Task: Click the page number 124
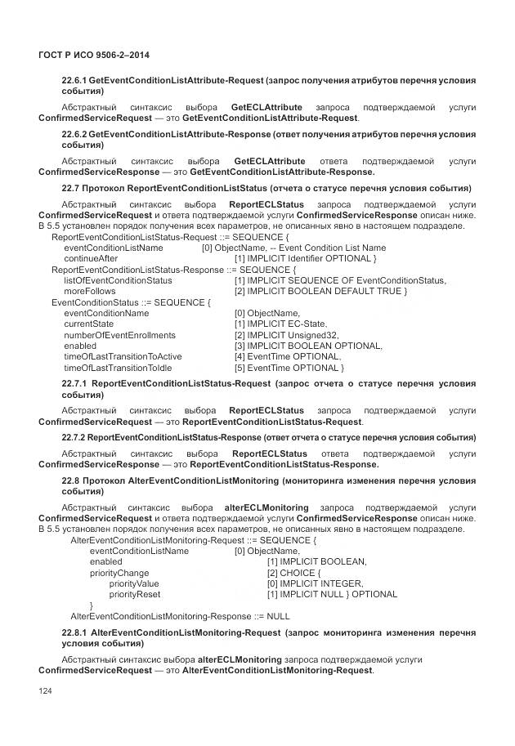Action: (x=45, y=693)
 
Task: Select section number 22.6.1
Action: (x=74, y=82)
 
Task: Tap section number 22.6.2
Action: (x=74, y=134)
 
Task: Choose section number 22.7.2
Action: (x=74, y=438)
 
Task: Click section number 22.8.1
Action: (x=74, y=633)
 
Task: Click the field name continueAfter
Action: (x=91, y=258)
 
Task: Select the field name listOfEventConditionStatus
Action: (x=118, y=280)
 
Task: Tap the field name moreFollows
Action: (x=90, y=291)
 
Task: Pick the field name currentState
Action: (x=88, y=324)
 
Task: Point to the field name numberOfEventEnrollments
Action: (x=119, y=335)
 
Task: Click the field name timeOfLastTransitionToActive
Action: (x=123, y=357)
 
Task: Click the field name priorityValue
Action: (x=134, y=583)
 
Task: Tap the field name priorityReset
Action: (x=135, y=594)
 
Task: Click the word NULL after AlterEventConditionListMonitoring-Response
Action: (x=278, y=616)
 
